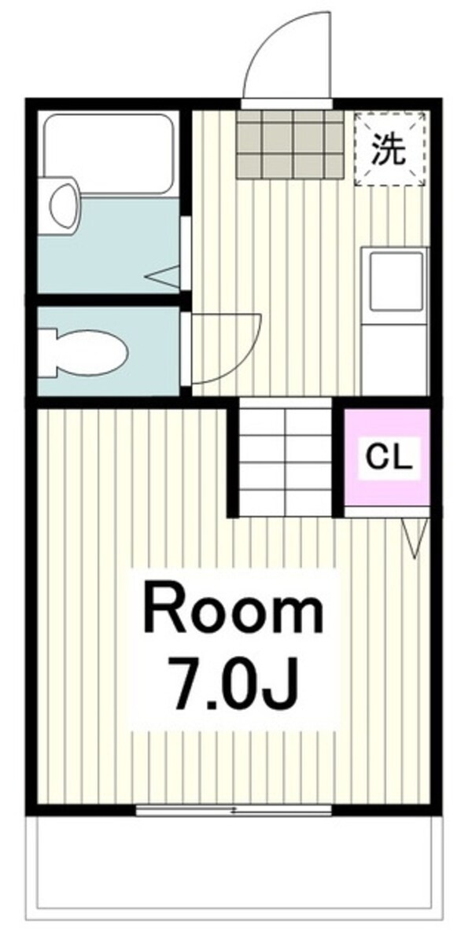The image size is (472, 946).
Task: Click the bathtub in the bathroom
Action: (x=108, y=153)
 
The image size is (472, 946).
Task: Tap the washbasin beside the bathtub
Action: (x=64, y=204)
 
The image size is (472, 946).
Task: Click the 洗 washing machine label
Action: (x=389, y=150)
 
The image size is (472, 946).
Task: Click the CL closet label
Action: (x=387, y=457)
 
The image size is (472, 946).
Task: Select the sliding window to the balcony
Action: (x=234, y=810)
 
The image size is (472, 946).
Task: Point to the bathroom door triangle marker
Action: (x=165, y=276)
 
